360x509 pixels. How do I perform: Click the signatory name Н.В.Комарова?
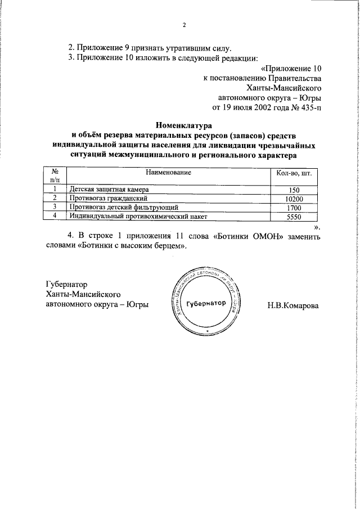293,305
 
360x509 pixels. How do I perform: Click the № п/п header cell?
55,175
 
